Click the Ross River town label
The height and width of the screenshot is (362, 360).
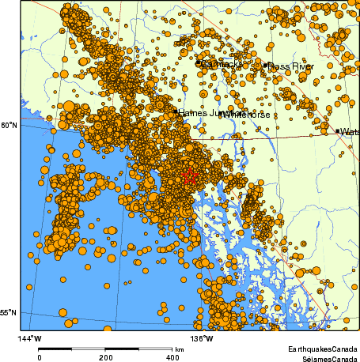click(x=291, y=66)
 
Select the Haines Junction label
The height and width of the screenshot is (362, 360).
click(x=199, y=113)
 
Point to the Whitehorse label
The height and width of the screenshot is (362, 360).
click(x=246, y=115)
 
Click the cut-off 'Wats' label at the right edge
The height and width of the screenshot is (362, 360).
click(x=351, y=132)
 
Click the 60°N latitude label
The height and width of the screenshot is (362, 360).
click(x=9, y=125)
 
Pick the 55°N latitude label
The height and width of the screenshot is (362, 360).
click(x=9, y=314)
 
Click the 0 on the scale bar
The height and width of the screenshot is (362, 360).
click(x=40, y=356)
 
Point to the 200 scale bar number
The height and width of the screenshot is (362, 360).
click(x=106, y=356)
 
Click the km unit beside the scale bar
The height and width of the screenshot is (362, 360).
click(x=180, y=349)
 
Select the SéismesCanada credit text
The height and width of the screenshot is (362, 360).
click(x=324, y=357)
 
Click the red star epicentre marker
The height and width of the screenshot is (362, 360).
click(x=189, y=177)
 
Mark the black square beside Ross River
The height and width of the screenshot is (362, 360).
click(x=266, y=66)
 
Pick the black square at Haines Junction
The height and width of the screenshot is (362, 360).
click(x=175, y=113)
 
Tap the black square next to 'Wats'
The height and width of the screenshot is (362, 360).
click(x=338, y=131)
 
